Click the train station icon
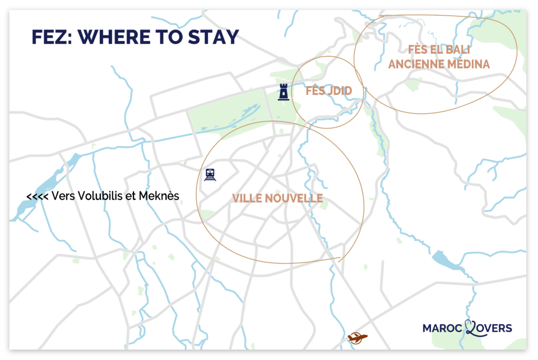pos(211,174)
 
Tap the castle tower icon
pos(284,91)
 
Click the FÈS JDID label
pos(328,91)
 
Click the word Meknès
pos(159,196)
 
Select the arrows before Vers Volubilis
pos(37,197)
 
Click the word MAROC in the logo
pos(442,328)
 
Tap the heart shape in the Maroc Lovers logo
pos(471,327)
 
